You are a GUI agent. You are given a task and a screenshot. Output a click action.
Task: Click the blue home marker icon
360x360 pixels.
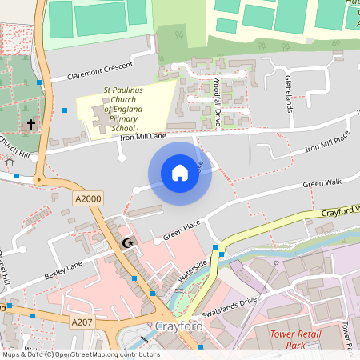pos(180,173)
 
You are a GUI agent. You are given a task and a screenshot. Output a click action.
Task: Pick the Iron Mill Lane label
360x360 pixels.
pos(143,138)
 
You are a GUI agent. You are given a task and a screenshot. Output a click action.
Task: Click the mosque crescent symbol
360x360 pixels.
pos(126,242)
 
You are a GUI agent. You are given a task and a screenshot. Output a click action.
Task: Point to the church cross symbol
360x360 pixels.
pos(31,126)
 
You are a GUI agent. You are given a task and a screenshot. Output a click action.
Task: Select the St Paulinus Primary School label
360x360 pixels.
pos(123,110)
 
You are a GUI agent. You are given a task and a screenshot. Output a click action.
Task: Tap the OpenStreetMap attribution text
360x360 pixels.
pos(80,354)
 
